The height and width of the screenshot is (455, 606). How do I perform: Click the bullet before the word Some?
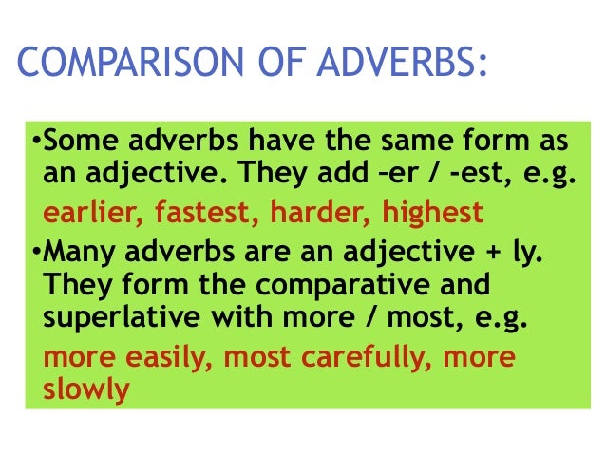point(37,145)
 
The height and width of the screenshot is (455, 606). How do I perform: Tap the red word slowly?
point(85,390)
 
